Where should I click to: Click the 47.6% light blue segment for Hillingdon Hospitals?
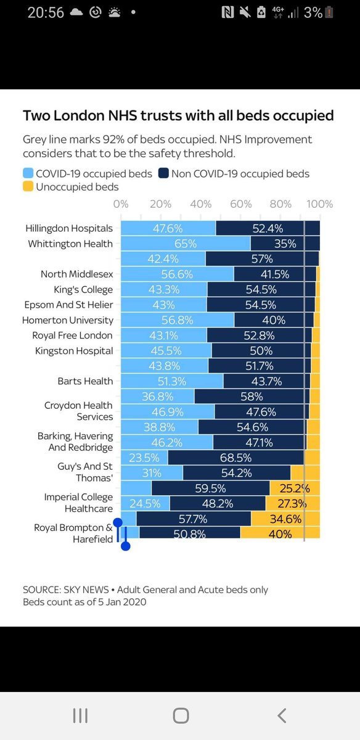pos(168,228)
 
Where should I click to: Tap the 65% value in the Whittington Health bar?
pos(186,244)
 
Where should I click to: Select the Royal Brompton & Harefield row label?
pos(73,533)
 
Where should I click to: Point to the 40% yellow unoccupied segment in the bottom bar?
pos(280,534)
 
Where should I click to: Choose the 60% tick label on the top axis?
pos(241,204)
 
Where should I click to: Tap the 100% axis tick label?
pos(319,204)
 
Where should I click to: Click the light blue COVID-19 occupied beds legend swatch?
pos(28,173)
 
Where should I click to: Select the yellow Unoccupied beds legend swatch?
pos(28,186)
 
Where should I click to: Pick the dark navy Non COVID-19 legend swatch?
pos(163,173)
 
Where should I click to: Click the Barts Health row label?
pos(85,381)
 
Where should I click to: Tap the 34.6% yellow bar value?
pos(285,519)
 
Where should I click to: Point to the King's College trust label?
pos(83,290)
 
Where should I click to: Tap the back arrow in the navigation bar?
pos(282,715)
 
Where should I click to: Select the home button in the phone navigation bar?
pos(181,715)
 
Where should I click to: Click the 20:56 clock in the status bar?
pos(46,12)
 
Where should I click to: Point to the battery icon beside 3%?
pos(329,12)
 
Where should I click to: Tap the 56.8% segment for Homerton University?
pos(178,320)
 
